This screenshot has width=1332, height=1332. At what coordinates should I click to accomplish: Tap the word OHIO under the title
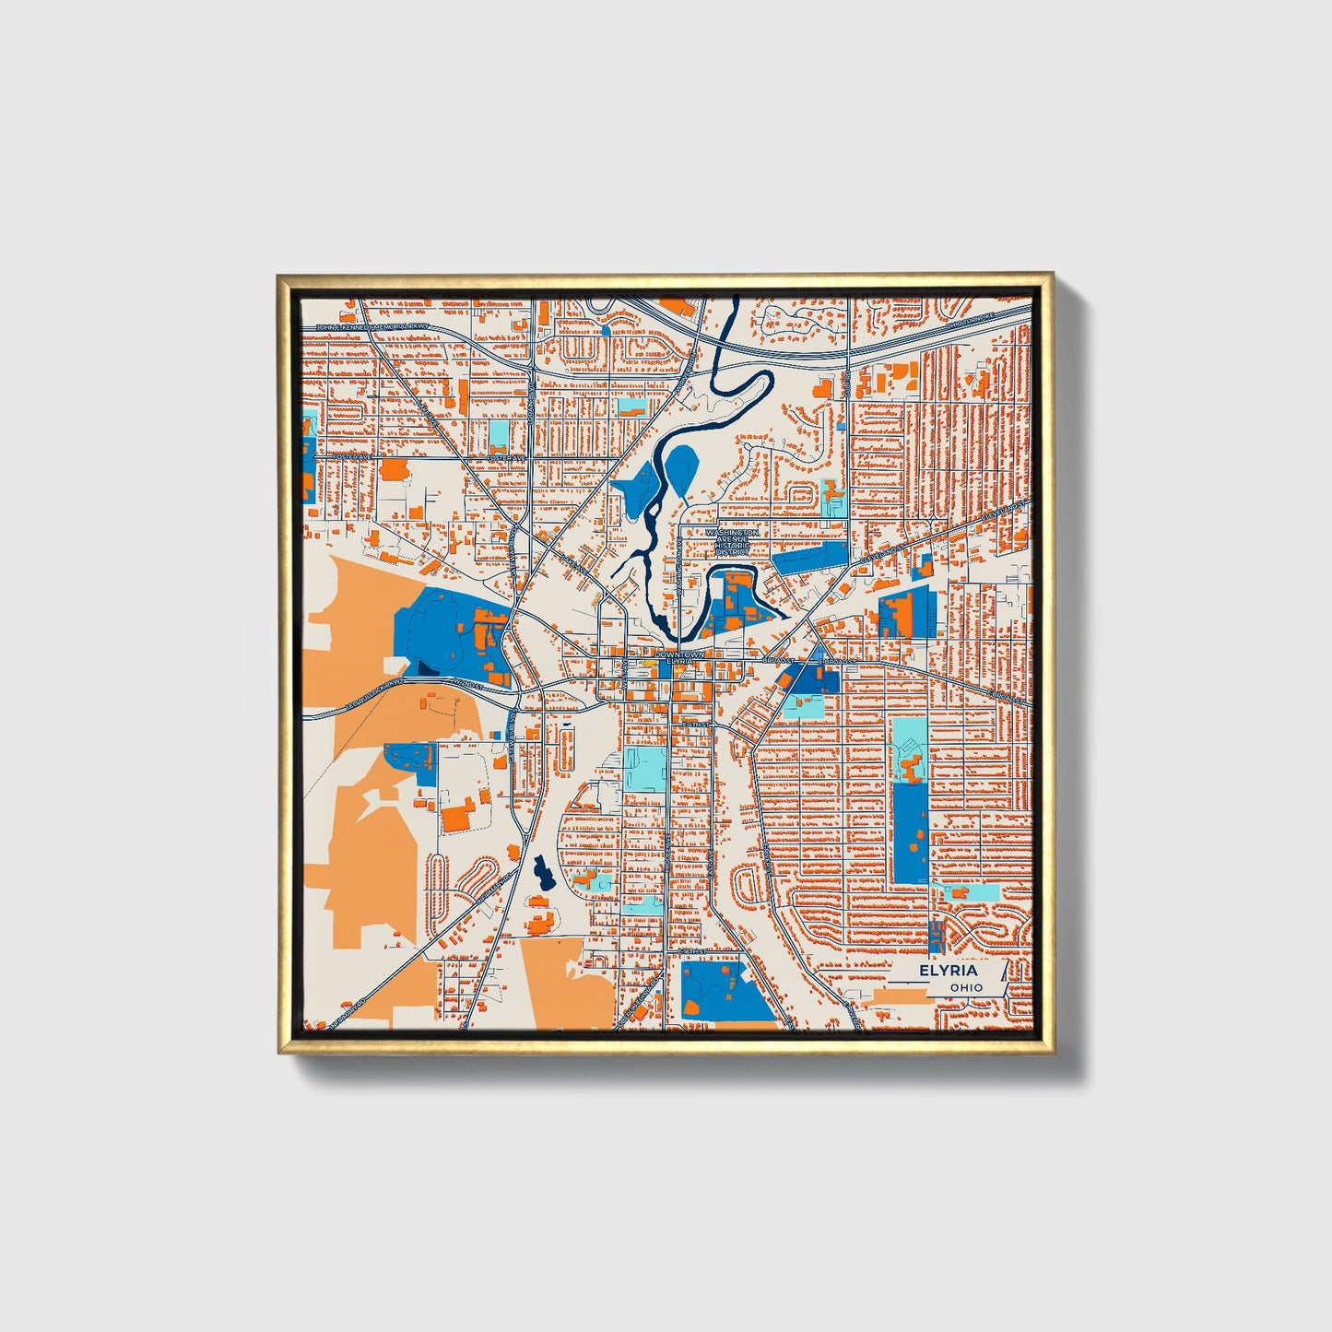click(x=967, y=987)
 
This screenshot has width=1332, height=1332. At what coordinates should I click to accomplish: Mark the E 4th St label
click(x=695, y=725)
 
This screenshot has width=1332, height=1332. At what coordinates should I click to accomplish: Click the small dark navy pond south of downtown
click(x=541, y=870)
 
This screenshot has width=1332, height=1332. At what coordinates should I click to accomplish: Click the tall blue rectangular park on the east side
click(x=911, y=832)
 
